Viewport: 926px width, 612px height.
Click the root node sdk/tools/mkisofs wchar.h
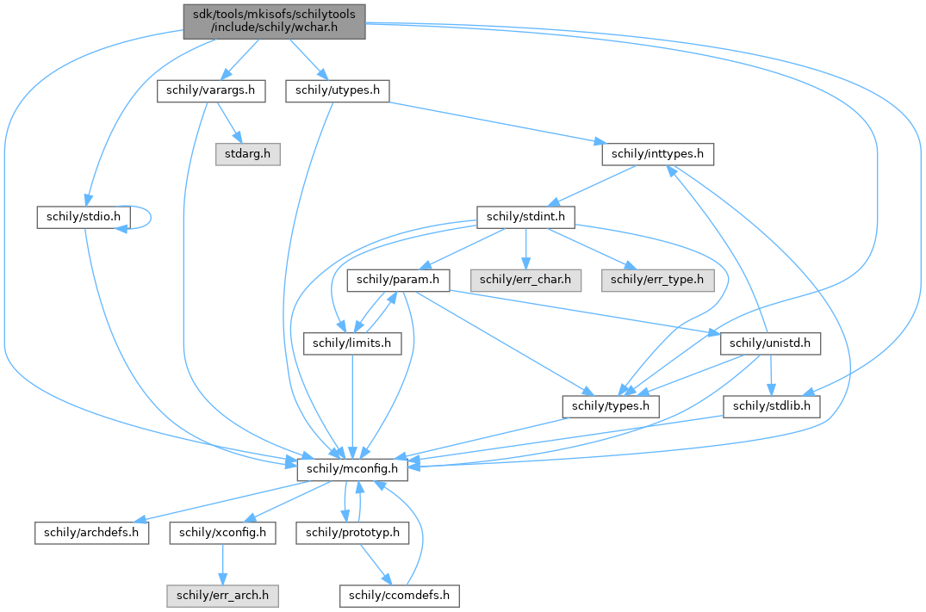(x=274, y=21)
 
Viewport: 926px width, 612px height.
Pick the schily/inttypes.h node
(x=657, y=154)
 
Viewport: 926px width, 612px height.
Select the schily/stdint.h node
(x=525, y=217)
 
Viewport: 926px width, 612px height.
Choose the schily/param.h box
(x=399, y=280)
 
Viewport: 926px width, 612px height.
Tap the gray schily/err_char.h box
(x=525, y=280)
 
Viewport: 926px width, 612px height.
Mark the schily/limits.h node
(x=352, y=343)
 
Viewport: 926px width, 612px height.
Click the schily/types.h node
(x=610, y=406)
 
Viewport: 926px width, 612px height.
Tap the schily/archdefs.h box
(x=92, y=532)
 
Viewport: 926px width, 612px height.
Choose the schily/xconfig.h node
(x=223, y=532)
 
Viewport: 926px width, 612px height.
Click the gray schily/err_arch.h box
(x=223, y=595)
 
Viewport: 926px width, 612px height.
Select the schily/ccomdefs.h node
(x=400, y=595)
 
